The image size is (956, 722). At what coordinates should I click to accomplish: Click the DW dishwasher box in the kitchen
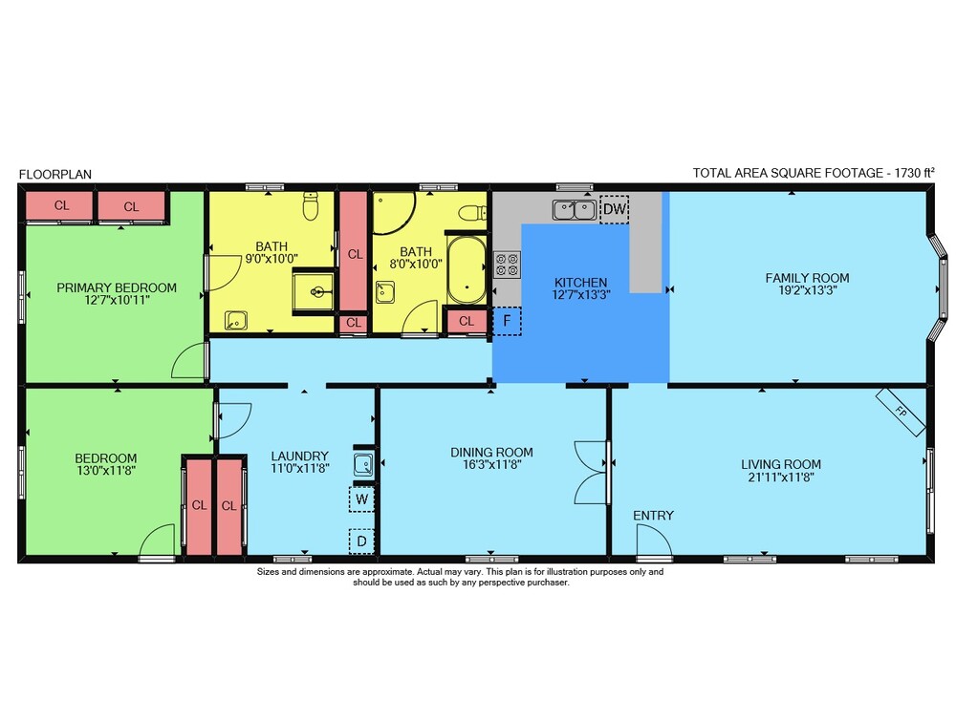click(614, 209)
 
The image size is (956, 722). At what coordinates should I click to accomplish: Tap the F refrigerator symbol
click(507, 321)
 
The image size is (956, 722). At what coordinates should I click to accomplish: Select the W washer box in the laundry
click(361, 499)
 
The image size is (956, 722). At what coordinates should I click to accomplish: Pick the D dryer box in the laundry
click(361, 541)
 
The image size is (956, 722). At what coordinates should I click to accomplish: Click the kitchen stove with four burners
click(507, 265)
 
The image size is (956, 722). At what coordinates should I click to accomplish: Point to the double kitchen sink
click(575, 209)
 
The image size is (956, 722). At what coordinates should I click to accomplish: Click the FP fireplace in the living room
click(901, 413)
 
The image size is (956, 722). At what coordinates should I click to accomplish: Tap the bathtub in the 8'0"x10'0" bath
click(467, 270)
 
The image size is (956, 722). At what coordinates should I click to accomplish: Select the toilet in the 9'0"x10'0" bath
click(311, 206)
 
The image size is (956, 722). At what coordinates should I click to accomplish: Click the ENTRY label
click(653, 516)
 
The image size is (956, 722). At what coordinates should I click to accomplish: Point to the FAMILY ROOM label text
click(807, 278)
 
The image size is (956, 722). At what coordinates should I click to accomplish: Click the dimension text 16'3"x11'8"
click(492, 465)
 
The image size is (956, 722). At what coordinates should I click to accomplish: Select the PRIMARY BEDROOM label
click(117, 287)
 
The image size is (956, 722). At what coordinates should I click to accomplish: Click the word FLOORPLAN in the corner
click(55, 174)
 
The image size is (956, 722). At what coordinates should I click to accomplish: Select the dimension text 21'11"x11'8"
click(781, 478)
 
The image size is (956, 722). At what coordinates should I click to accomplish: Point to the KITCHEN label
click(581, 283)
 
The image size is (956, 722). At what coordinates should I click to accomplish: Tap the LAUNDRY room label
click(299, 456)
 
